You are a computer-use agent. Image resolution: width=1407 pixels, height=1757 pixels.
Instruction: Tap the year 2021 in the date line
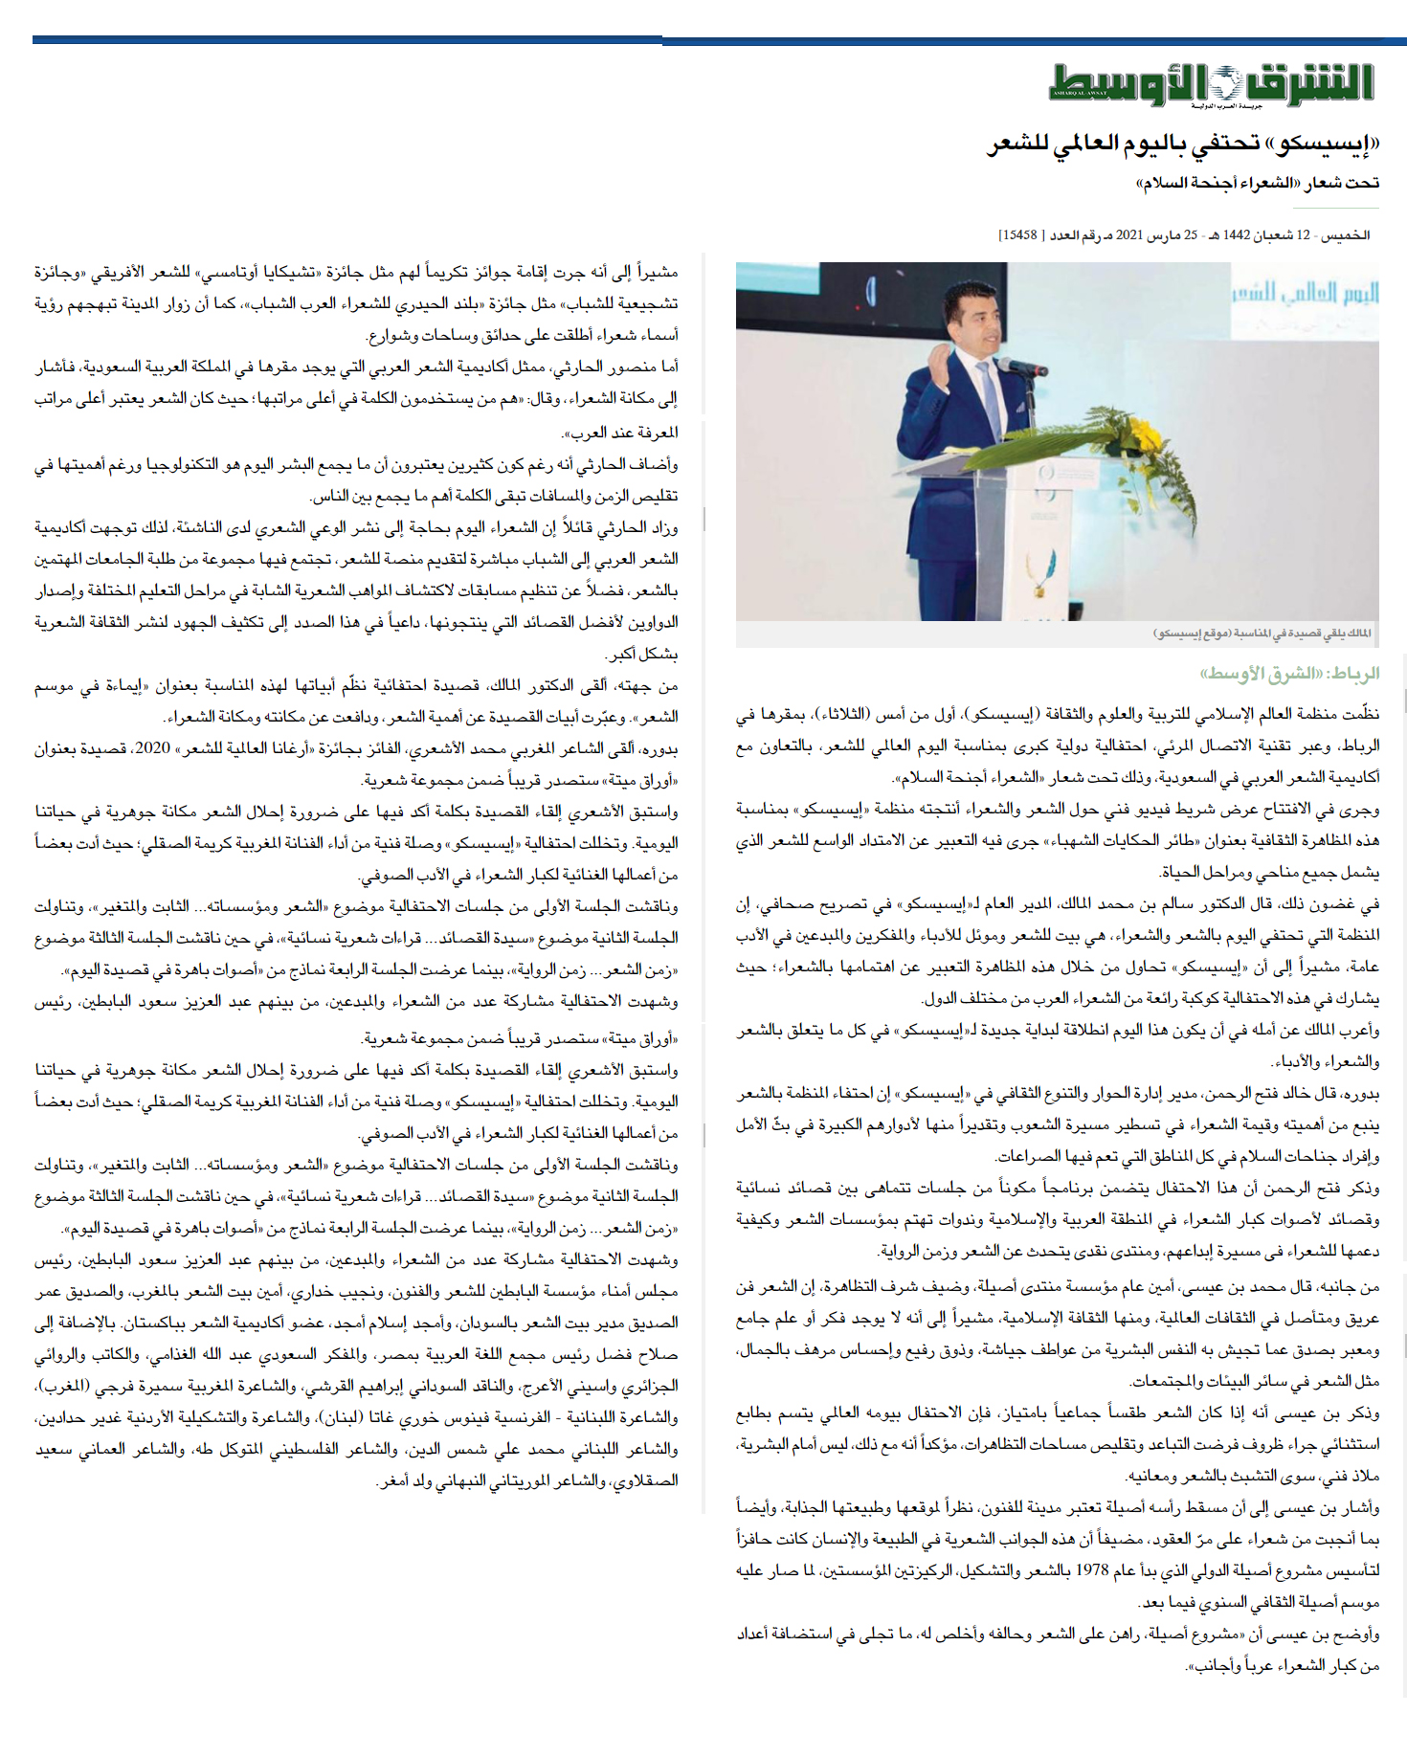(1130, 235)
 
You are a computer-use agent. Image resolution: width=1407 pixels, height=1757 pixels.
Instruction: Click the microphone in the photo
(1017, 367)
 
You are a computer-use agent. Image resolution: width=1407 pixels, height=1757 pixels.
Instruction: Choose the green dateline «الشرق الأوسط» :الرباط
(1290, 674)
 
